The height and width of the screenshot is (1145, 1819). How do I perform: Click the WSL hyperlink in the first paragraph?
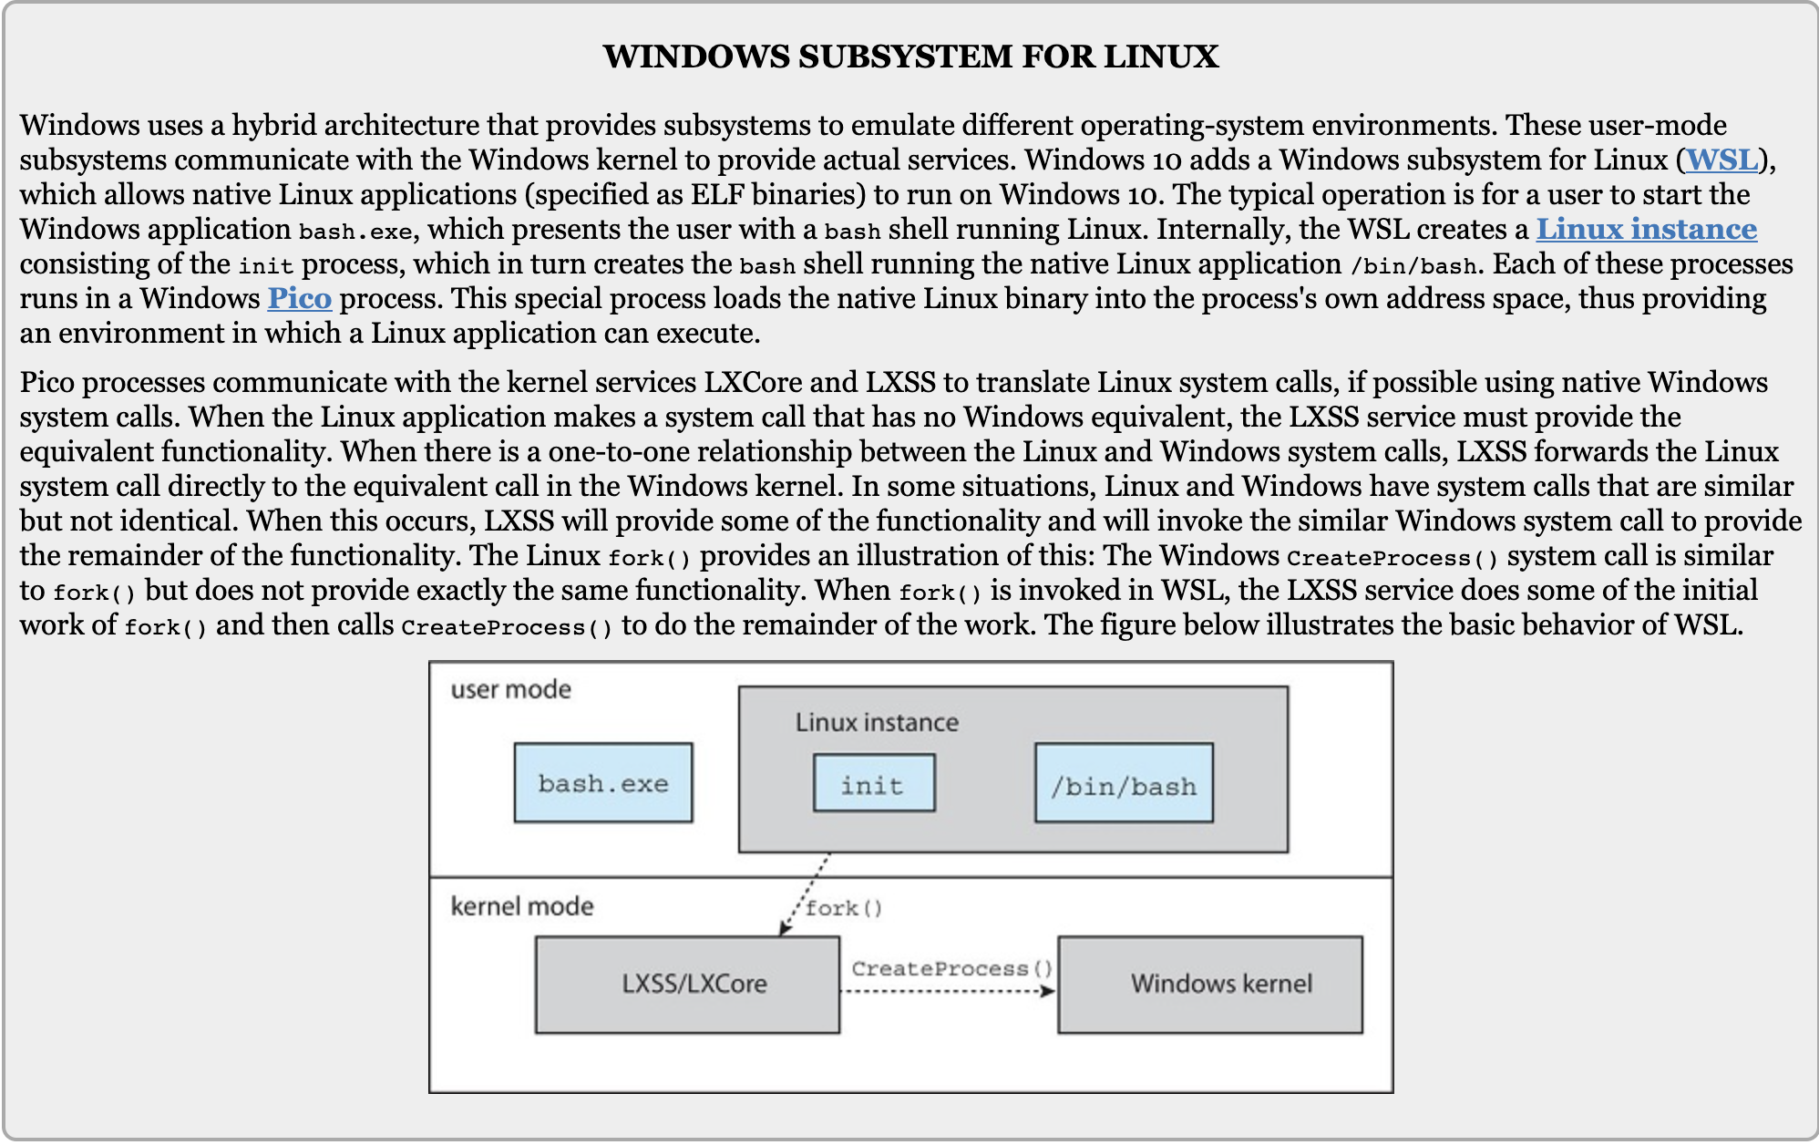click(x=1721, y=160)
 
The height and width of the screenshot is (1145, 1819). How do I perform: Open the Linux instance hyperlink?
click(x=1647, y=229)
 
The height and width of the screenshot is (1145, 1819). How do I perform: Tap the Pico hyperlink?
click(x=299, y=298)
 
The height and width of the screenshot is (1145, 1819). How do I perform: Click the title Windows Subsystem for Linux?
click(x=910, y=57)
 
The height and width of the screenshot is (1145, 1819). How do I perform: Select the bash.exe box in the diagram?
click(x=603, y=783)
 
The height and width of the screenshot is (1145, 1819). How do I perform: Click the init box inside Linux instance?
click(x=874, y=783)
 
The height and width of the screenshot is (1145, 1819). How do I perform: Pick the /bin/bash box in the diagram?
click(x=1124, y=783)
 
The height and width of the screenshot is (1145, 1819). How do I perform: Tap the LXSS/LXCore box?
click(x=687, y=985)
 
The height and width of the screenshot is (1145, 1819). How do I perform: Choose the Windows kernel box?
click(x=1210, y=985)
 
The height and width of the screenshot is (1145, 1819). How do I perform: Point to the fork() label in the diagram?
click(x=844, y=908)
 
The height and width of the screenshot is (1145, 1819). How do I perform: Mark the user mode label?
click(x=511, y=689)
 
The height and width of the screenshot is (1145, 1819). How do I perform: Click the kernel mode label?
click(x=522, y=906)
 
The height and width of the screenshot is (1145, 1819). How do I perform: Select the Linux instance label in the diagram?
click(x=877, y=723)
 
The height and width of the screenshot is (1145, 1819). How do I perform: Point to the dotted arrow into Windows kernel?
click(x=948, y=991)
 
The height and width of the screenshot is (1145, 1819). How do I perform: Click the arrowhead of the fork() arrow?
click(x=783, y=929)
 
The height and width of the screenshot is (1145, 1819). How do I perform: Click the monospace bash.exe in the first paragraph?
click(x=355, y=232)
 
